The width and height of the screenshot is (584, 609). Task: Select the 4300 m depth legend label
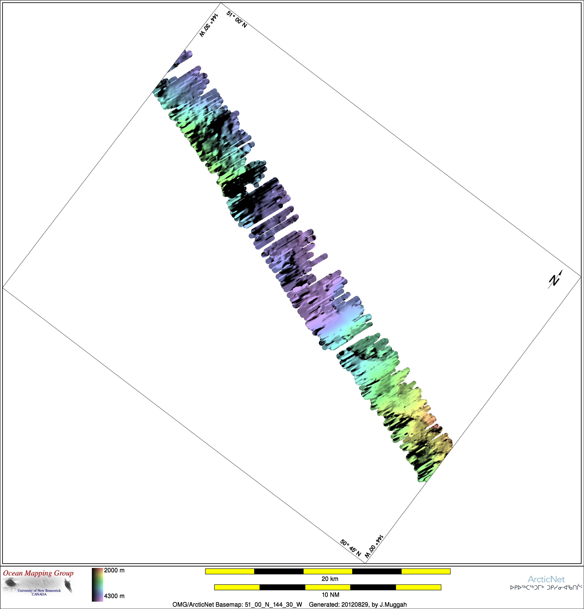[x=114, y=596]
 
